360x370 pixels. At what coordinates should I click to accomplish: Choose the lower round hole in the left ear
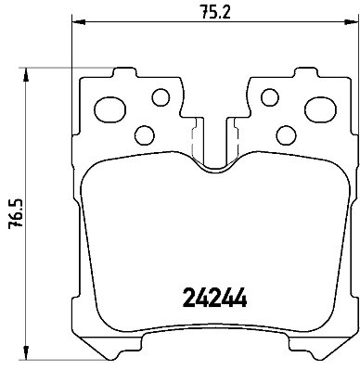click(x=144, y=133)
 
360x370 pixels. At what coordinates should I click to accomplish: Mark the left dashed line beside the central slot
click(x=192, y=144)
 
